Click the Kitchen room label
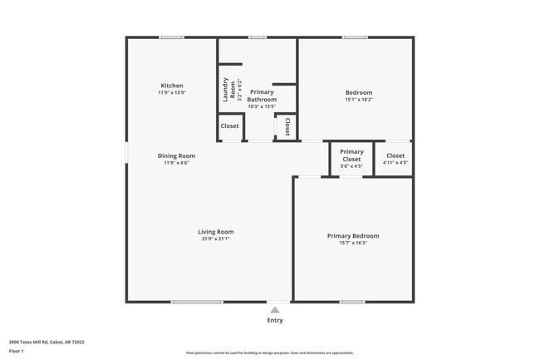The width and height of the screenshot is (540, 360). point(172,86)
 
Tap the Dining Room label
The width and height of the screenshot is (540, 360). point(176,155)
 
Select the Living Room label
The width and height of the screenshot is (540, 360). point(215,232)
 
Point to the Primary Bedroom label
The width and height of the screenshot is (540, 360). point(353,236)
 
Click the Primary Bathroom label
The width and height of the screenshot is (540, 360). point(262,96)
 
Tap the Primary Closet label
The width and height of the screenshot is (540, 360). point(351,155)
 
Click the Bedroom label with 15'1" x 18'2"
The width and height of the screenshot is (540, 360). point(359,92)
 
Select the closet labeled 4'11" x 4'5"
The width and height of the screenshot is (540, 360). point(395,163)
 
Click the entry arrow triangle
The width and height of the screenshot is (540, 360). point(275,309)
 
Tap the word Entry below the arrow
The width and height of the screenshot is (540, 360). point(275,320)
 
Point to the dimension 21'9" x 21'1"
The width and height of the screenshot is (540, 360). point(215,239)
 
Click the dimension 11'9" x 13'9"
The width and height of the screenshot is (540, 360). point(172,93)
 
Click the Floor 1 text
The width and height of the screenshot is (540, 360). point(17,351)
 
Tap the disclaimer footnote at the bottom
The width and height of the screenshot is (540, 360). point(270,353)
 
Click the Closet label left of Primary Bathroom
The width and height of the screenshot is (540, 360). point(229,126)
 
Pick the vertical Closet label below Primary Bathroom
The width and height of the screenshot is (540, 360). point(287,126)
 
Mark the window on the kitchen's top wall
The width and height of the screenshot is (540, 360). point(172,37)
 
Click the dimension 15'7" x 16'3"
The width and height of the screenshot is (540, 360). point(353,244)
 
